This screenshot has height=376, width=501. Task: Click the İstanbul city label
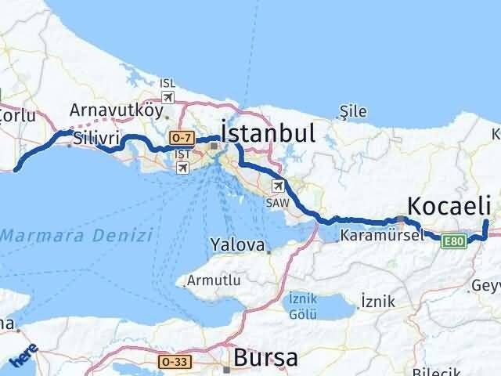click(x=269, y=132)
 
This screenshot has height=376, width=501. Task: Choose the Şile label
click(x=354, y=112)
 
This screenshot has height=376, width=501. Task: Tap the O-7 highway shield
click(x=181, y=138)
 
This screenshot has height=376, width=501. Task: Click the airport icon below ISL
click(x=167, y=97)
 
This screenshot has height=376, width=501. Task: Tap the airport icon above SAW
click(x=277, y=186)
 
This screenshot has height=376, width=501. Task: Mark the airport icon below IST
click(x=182, y=167)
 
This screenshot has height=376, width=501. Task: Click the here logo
click(x=23, y=357)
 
